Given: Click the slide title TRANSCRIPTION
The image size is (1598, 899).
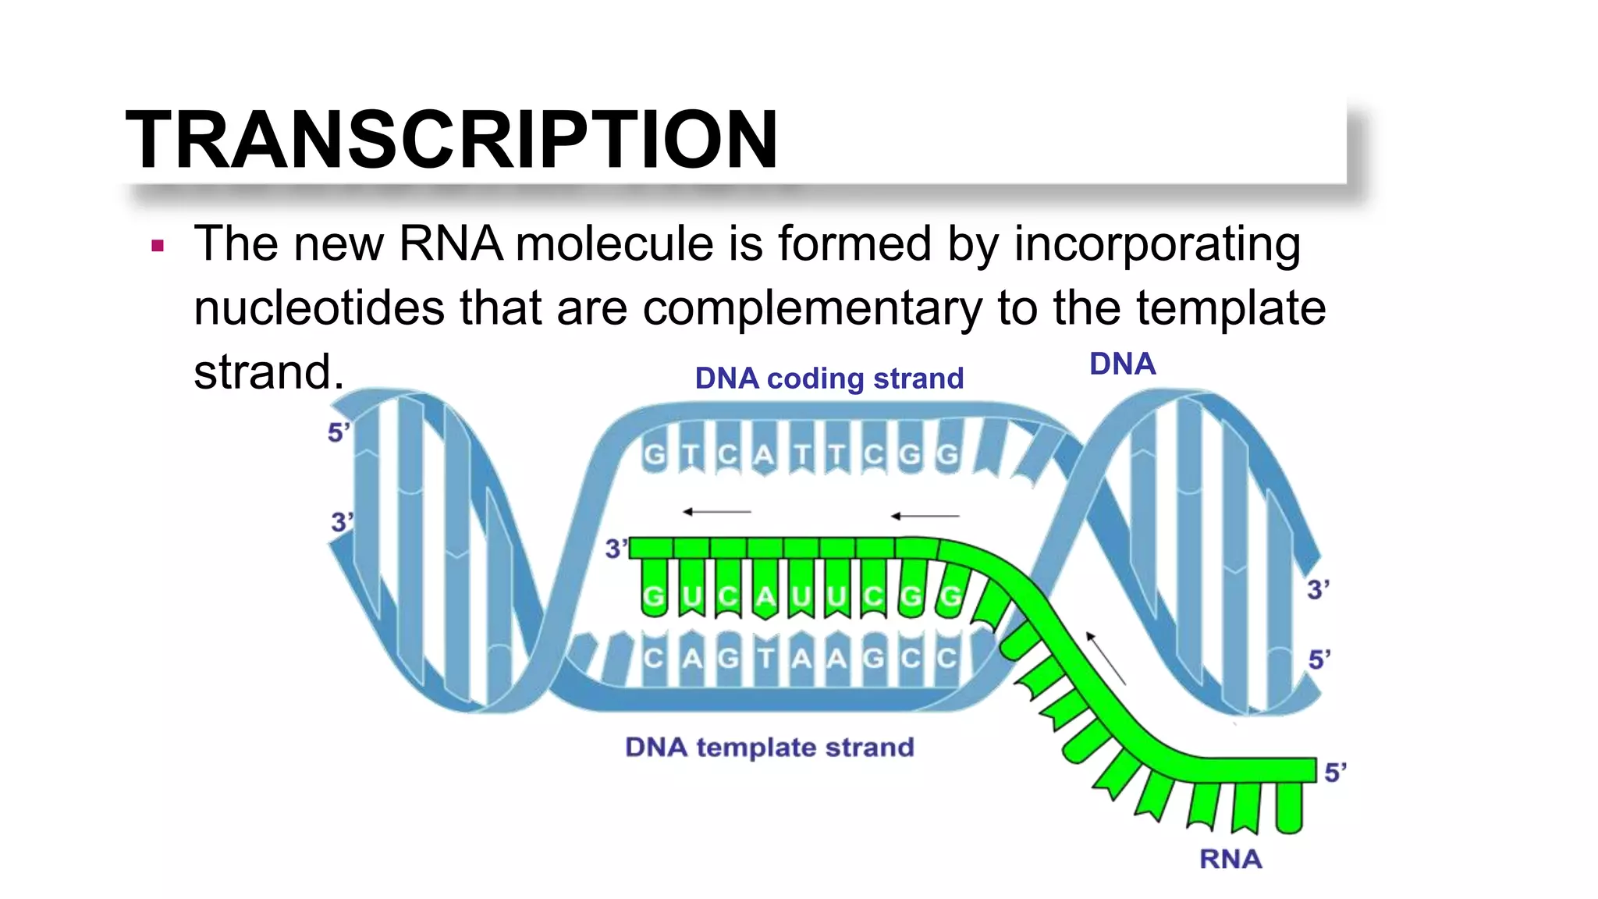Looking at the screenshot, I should pos(451,139).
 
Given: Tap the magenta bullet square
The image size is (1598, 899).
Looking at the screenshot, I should pos(158,247).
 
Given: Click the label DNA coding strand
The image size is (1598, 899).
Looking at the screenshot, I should pos(829,378).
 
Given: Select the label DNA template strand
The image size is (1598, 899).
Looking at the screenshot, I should pos(769,747).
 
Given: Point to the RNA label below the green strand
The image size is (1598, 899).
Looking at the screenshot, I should pos(1230,858).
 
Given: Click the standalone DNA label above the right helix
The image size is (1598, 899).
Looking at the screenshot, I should pos(1121,364).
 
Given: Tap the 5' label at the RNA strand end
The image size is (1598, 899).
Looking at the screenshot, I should pos(1335,773).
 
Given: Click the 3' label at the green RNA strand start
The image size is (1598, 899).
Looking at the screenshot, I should pos(616,549).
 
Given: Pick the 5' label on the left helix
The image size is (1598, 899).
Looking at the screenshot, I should pos(338,432).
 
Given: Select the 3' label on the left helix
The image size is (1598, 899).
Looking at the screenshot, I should pos(342,522).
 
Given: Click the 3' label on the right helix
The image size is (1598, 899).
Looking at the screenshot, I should pos(1318,589).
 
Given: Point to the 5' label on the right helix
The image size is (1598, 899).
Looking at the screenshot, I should pos(1319,659).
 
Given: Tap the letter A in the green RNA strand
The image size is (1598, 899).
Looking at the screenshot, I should pos(765,597).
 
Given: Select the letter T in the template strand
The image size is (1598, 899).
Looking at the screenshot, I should pos(765,658).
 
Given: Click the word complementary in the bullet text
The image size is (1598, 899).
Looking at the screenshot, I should pos(812,307).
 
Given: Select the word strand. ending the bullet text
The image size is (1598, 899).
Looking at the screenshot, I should pos(268,371).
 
